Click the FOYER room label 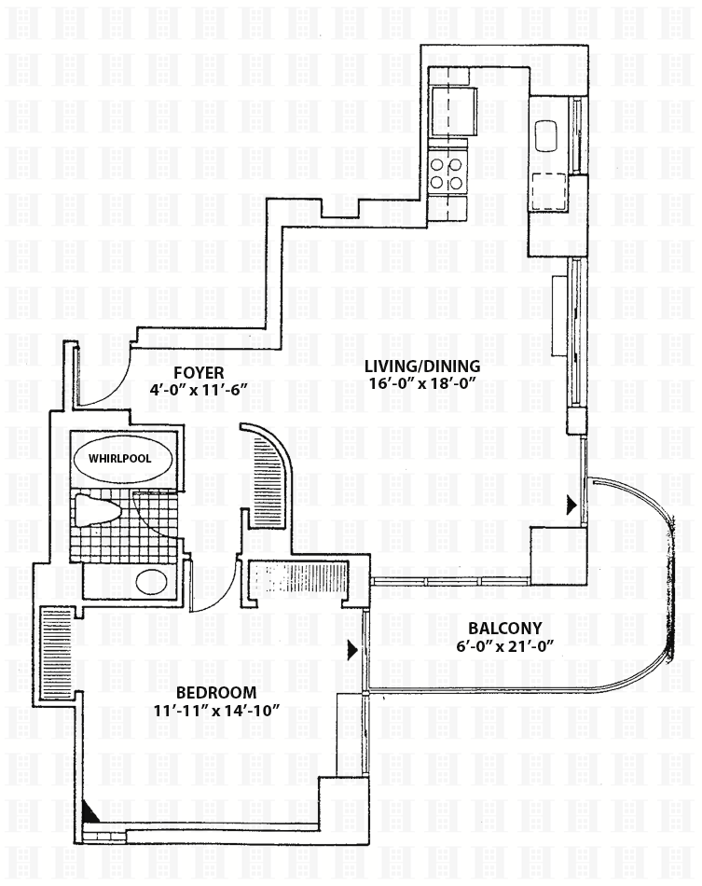click(199, 373)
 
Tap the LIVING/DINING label click(421, 367)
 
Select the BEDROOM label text click(217, 692)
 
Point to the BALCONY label click(505, 628)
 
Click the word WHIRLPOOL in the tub click(119, 458)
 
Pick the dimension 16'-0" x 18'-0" click(420, 383)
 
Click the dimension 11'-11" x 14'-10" click(217, 710)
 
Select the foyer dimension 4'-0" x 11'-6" click(199, 390)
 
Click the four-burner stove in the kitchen click(447, 173)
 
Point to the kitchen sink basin click(546, 135)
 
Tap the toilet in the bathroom click(97, 510)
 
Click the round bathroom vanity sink click(152, 581)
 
